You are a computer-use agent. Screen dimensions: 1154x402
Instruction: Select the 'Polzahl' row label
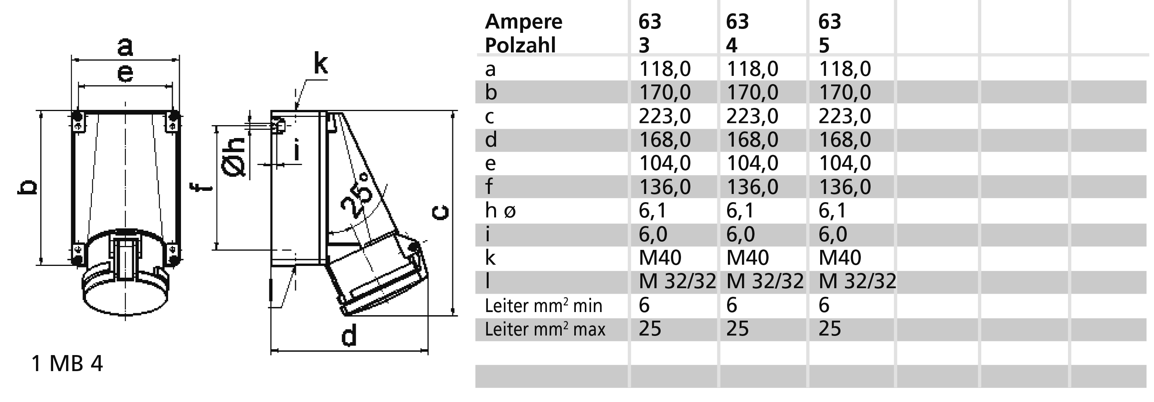click(520, 45)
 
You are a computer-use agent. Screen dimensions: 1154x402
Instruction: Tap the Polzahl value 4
click(731, 45)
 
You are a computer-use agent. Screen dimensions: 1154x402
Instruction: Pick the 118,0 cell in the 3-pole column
click(665, 69)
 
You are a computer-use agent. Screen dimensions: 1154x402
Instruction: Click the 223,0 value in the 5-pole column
click(845, 116)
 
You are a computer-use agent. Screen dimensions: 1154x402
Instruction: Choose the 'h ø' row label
click(500, 210)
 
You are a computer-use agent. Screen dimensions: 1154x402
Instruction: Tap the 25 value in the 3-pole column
click(650, 328)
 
